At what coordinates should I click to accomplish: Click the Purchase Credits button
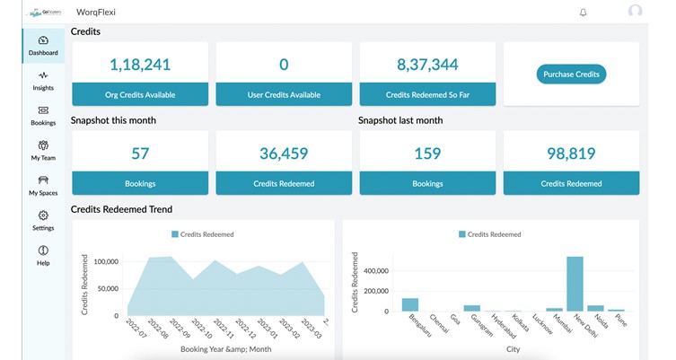click(571, 75)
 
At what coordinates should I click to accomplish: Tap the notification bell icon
click(584, 13)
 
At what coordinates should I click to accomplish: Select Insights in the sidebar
click(43, 81)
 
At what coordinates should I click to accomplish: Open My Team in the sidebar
click(43, 151)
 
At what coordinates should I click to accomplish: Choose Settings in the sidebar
click(43, 221)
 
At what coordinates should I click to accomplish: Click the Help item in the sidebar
click(43, 256)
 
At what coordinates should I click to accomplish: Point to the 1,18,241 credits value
click(140, 65)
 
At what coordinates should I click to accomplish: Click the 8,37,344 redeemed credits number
click(427, 65)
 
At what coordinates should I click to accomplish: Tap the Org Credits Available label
click(140, 94)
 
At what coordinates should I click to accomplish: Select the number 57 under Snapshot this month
click(140, 154)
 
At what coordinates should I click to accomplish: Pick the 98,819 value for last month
click(571, 154)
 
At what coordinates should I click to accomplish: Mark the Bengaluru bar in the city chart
click(410, 304)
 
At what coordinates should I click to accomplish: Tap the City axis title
click(513, 349)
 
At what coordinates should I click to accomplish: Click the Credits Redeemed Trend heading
click(122, 209)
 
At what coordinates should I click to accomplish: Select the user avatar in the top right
click(636, 12)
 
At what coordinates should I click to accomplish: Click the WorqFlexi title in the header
click(96, 13)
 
